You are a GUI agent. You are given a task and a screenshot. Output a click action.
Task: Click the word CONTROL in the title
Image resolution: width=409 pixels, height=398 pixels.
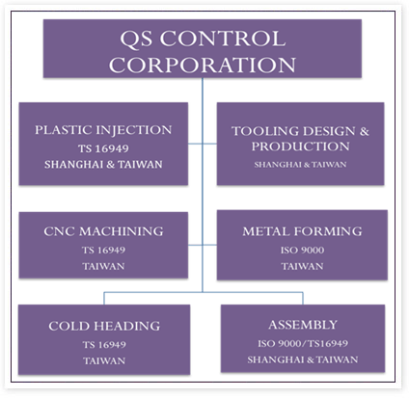point(223,39)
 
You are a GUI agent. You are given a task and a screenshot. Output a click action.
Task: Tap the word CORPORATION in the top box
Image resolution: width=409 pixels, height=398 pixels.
point(203,65)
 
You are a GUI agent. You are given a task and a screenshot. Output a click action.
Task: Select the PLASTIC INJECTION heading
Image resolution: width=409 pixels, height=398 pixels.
point(103,130)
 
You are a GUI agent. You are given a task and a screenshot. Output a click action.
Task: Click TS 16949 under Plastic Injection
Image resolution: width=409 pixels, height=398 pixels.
point(103,148)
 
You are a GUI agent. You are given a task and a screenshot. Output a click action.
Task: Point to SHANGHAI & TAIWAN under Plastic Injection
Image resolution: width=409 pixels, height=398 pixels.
point(103,165)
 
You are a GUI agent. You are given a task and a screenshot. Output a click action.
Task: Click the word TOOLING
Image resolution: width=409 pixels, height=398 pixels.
point(265,131)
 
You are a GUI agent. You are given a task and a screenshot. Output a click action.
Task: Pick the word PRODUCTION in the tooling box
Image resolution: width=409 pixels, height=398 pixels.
point(300,146)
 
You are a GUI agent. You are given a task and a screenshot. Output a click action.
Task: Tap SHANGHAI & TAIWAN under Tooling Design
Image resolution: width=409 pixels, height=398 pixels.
point(300,165)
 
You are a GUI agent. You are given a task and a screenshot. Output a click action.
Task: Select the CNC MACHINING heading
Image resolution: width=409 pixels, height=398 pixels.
point(103,231)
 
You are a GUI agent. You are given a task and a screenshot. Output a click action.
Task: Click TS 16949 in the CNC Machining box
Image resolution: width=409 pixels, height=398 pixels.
point(103,250)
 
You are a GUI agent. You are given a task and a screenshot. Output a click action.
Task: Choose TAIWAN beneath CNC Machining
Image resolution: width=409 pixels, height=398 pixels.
point(103,266)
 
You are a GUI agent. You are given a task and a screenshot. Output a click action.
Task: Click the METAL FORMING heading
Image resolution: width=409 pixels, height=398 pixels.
point(302,231)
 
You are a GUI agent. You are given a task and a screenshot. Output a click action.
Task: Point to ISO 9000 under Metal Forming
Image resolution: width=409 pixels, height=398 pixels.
point(302,250)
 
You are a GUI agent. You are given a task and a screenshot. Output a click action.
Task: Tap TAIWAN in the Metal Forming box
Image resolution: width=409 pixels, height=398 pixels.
point(302,266)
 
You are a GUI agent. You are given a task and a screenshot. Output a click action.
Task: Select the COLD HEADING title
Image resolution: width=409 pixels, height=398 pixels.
point(104,326)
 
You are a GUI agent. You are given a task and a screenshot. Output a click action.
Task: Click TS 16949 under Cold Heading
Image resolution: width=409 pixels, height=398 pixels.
point(104,344)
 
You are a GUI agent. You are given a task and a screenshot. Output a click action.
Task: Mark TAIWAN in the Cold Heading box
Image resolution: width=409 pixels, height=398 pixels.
point(104,360)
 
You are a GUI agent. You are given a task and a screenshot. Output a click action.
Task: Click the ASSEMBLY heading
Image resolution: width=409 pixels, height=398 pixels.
point(303,325)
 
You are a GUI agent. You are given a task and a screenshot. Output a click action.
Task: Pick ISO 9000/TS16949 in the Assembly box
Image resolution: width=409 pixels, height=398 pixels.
point(303,343)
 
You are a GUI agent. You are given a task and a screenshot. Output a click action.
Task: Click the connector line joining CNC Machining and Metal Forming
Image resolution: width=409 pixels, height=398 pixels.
point(203,245)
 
